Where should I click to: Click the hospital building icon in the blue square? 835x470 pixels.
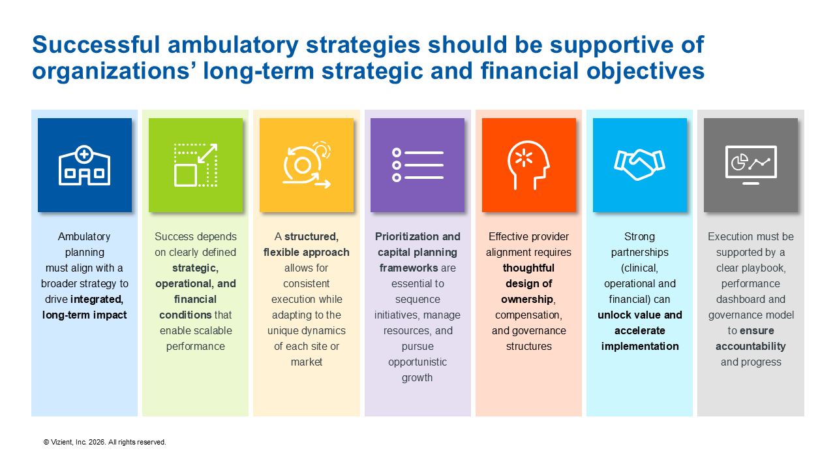(84, 166)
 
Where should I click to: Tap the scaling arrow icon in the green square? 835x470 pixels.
(196, 166)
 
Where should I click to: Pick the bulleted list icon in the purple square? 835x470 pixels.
(417, 166)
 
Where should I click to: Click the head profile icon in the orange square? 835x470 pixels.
(528, 166)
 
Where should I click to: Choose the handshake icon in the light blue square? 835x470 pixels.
(639, 166)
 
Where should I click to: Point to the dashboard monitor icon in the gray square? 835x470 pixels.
(751, 166)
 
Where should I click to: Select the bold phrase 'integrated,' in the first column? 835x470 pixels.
(97, 299)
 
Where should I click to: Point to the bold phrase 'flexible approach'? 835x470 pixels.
(307, 252)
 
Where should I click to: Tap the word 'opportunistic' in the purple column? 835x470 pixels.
(417, 362)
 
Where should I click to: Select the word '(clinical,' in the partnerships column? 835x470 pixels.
(639, 268)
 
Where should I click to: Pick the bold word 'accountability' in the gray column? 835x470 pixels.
(751, 346)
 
